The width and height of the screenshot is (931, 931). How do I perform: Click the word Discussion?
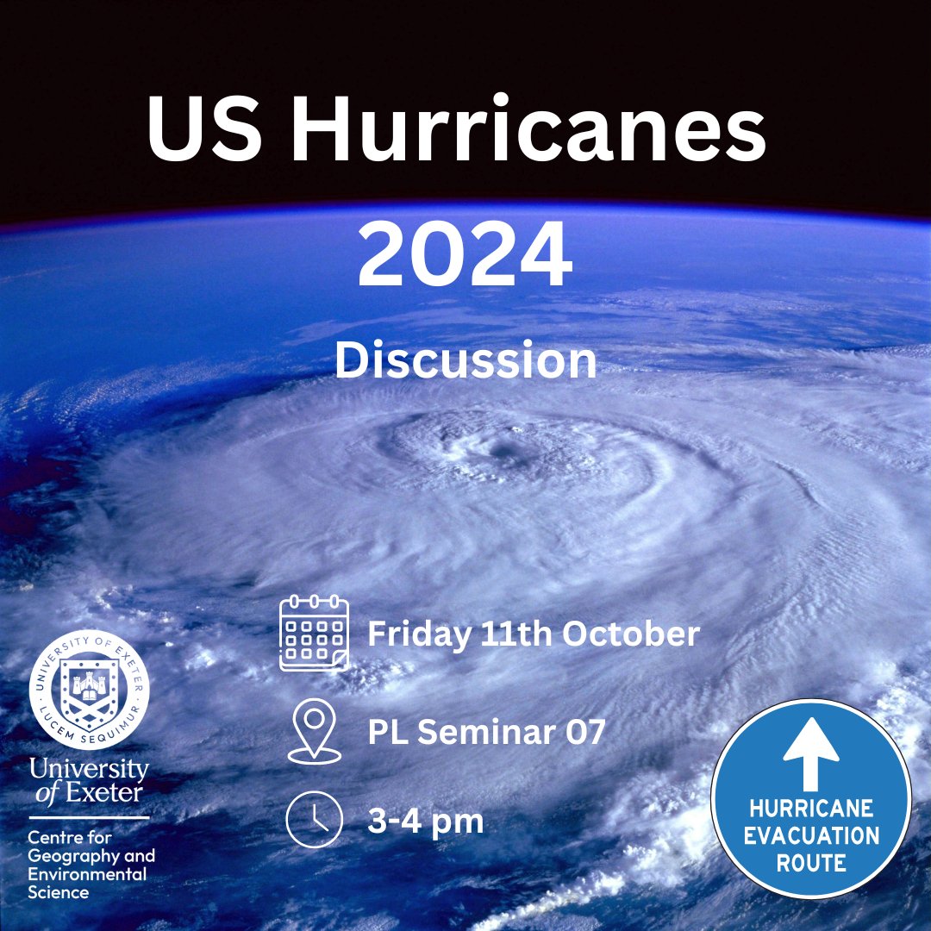(465, 360)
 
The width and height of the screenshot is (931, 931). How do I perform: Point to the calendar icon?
(314, 634)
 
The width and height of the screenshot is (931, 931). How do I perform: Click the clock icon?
(309, 820)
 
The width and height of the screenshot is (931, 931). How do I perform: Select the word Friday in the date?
(418, 635)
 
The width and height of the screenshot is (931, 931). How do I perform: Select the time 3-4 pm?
(425, 821)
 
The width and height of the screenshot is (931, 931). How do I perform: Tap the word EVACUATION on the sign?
(810, 835)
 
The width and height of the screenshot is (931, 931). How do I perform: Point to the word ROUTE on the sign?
(810, 862)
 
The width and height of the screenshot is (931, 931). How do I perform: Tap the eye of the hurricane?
(500, 448)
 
